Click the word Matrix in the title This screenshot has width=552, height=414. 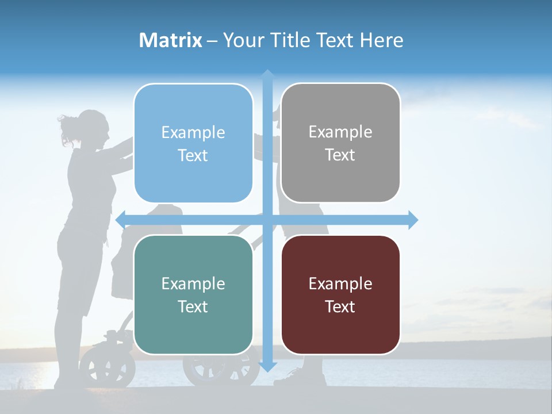(171, 40)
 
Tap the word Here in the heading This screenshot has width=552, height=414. (381, 40)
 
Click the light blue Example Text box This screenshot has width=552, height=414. (193, 143)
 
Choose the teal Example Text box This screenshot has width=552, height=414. (193, 294)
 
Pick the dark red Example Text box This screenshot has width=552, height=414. (340, 294)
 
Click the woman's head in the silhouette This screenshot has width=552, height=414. (92, 127)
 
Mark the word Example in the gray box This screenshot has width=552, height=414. (340, 132)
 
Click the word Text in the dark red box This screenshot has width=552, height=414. (340, 306)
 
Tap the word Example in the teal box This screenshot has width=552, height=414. (193, 283)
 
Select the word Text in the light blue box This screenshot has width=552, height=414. (193, 155)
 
